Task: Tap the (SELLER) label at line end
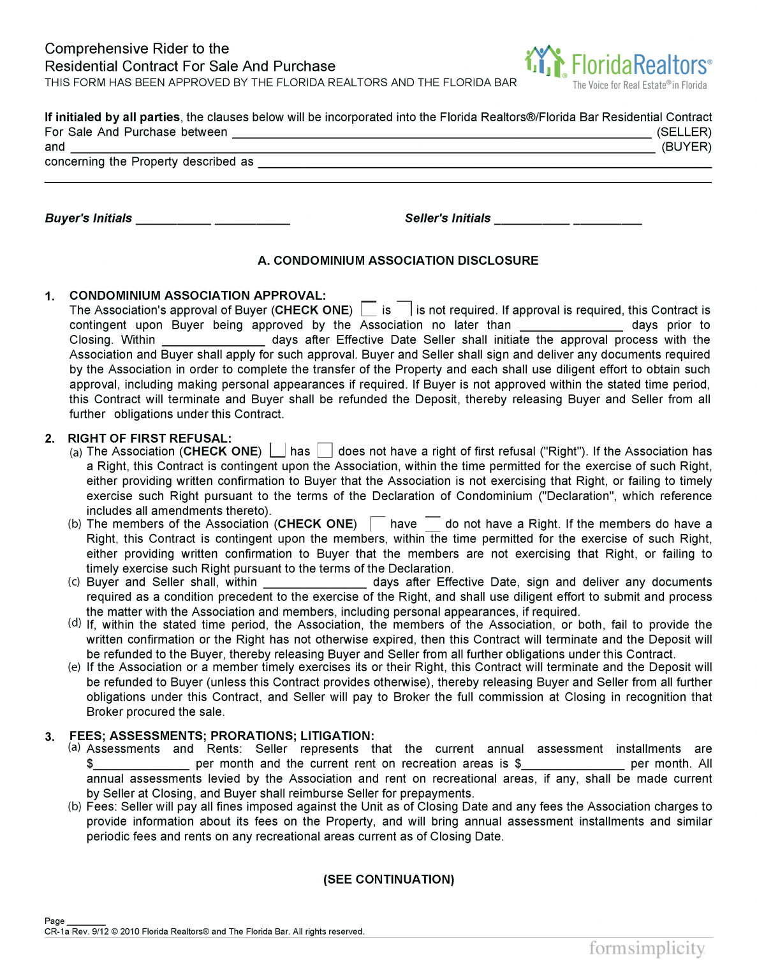[684, 132]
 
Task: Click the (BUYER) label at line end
[686, 147]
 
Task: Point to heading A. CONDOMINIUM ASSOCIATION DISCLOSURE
[398, 260]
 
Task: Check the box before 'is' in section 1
[369, 309]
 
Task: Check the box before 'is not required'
[404, 309]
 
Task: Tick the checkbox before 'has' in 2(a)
[277, 450]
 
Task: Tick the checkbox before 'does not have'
[325, 450]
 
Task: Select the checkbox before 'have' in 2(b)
[378, 524]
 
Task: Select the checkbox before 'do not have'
[432, 524]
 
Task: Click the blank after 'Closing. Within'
[213, 341]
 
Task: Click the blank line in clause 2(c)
[314, 583]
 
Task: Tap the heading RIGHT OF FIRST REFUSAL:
[149, 438]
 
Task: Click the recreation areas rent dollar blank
[573, 764]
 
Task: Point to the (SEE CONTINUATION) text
[388, 879]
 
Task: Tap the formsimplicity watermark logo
[647, 949]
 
